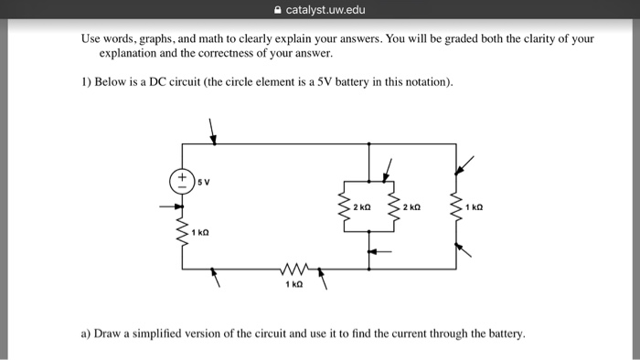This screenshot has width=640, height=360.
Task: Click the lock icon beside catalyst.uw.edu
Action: coord(277,10)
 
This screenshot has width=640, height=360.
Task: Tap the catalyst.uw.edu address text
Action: coord(325,10)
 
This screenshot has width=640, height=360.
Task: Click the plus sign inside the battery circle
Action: coord(182,175)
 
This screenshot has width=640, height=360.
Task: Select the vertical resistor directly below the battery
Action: coord(182,234)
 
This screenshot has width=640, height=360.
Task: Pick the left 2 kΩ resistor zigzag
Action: coord(344,209)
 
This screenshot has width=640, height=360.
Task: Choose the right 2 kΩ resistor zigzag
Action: coord(394,209)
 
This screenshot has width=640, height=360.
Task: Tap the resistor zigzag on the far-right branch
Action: coord(456,209)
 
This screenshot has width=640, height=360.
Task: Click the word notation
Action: coord(426,82)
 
